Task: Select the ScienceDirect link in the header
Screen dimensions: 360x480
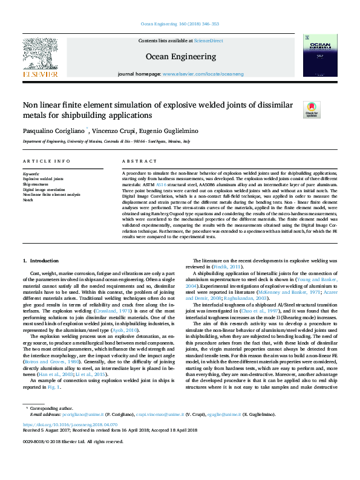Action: (x=208, y=40)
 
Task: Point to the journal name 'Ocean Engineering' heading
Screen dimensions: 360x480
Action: (x=180, y=56)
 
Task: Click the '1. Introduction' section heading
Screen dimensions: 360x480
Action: (x=41, y=260)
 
